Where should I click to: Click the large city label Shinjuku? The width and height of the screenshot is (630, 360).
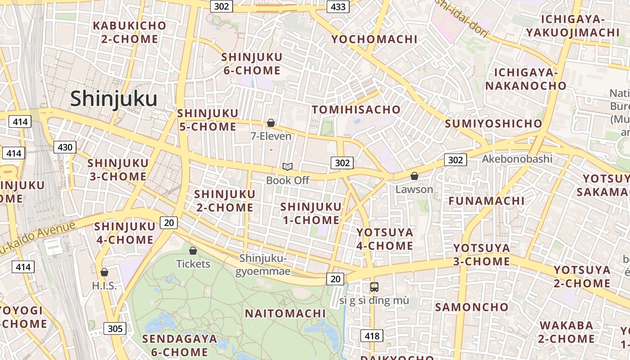point(113,99)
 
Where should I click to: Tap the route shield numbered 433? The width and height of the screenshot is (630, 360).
point(338,6)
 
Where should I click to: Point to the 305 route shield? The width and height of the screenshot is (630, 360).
point(115,328)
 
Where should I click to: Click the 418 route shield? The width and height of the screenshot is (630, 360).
point(372,336)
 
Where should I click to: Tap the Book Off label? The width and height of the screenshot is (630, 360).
point(288,180)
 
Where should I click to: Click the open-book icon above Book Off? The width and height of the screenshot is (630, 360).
point(288,167)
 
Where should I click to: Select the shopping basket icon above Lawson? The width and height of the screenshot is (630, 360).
point(414,176)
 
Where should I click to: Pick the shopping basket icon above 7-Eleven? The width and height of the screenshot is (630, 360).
point(271,123)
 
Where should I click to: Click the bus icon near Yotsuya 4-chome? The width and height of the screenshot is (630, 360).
point(374,287)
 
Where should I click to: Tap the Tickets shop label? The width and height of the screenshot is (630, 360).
point(193,264)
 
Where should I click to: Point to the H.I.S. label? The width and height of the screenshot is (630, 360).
point(104,286)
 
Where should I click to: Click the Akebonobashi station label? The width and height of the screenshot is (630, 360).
point(517,159)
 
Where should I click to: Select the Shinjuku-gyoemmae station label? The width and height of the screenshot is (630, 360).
point(263,265)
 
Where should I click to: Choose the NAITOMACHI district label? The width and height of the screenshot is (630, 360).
point(285,314)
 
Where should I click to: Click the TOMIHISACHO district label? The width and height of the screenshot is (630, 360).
point(356,110)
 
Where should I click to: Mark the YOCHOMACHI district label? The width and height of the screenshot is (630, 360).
point(374,39)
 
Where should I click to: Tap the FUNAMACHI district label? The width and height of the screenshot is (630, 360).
point(486,201)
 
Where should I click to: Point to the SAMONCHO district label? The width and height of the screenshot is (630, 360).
point(472,307)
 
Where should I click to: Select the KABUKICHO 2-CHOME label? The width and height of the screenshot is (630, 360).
point(130,32)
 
